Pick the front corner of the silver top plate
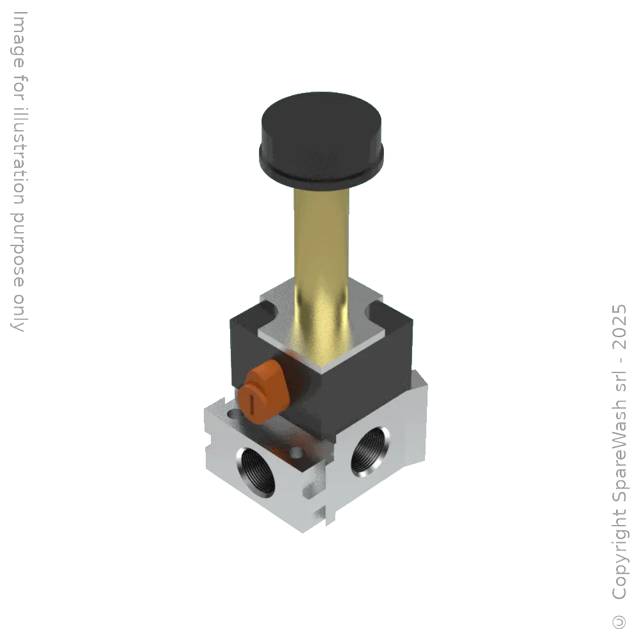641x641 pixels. point(319,370)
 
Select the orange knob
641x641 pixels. point(265,391)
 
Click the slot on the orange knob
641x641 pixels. point(253,404)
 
